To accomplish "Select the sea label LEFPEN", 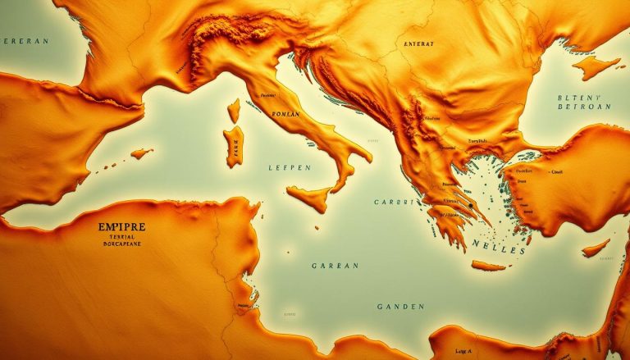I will [x=290, y=167].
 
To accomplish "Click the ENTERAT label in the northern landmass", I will [x=418, y=43].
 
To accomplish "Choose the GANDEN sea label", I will [x=401, y=307].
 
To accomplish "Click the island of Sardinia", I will [x=234, y=145].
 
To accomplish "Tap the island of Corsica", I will [x=233, y=110].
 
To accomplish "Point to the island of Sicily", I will [x=309, y=198].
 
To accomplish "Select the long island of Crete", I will [x=490, y=266].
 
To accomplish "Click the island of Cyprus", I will [x=596, y=247].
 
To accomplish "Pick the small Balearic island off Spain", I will [x=141, y=153].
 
